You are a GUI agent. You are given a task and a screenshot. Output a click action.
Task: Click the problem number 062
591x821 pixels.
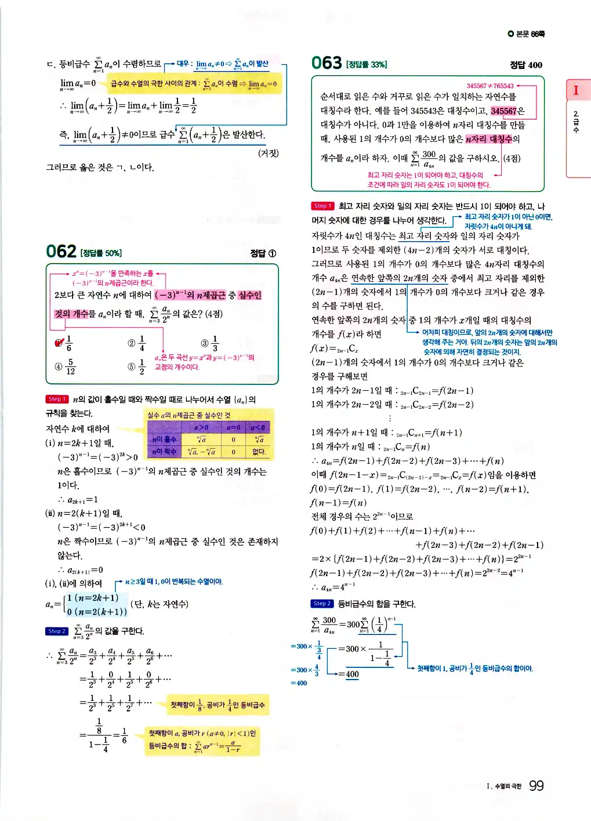coord(61,251)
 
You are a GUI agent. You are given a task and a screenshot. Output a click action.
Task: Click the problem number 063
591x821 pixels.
coord(327,63)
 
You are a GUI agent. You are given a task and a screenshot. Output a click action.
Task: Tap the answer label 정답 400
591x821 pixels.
coord(525,65)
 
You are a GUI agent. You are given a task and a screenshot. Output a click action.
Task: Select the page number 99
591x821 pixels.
coord(536,786)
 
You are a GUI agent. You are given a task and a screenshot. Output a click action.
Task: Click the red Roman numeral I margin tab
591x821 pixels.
coord(576,90)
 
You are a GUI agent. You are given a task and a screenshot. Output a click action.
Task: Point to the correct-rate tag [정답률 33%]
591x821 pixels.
coord(367,64)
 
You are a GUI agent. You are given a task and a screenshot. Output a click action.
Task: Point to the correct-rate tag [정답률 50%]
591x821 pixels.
coord(101,253)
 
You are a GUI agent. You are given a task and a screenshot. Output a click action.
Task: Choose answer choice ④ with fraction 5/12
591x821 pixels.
coord(66,366)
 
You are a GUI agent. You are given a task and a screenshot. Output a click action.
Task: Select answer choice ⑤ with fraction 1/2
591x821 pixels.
coord(137,366)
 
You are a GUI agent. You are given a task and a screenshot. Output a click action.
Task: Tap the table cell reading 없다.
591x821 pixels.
coord(259,452)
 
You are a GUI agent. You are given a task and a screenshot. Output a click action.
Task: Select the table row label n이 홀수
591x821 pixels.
coord(164,439)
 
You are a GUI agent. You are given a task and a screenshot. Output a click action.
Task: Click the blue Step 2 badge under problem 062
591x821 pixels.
coord(56,631)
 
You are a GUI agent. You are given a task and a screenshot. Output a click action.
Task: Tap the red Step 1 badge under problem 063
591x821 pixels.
coord(322,206)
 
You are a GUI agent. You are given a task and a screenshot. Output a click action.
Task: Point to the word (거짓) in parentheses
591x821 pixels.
coord(269,153)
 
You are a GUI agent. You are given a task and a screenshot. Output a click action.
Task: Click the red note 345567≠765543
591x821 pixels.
coord(490,86)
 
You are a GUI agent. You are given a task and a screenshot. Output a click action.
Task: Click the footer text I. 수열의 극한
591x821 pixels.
coord(504,787)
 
